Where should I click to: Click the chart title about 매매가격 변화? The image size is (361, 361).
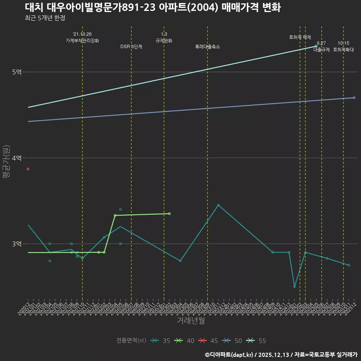(x=153, y=8)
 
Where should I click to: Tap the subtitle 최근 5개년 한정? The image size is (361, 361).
(x=45, y=18)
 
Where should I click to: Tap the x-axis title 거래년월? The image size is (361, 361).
(x=191, y=321)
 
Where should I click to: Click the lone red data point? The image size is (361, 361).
(x=28, y=169)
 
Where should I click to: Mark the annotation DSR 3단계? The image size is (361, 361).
(x=131, y=47)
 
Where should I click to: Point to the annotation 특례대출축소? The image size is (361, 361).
(x=208, y=47)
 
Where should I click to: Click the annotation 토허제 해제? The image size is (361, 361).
(x=300, y=37)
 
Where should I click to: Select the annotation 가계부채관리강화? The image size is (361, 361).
(x=82, y=41)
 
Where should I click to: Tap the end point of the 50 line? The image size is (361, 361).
(x=354, y=98)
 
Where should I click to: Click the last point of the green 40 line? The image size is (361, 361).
(x=170, y=214)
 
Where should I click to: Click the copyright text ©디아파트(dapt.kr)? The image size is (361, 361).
(x=229, y=354)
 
